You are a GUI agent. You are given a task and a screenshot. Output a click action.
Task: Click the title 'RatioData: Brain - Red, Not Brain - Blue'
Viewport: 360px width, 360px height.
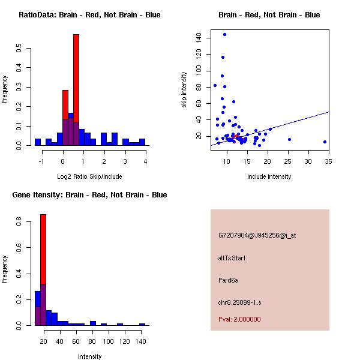[89, 14]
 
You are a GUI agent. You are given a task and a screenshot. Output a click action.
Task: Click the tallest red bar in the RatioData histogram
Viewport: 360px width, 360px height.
[76, 90]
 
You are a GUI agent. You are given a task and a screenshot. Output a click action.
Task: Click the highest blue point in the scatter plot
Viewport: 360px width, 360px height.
[224, 34]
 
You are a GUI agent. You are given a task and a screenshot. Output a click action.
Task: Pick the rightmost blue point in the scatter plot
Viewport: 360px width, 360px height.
[325, 142]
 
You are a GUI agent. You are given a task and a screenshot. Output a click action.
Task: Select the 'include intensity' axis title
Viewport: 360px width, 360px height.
[269, 176]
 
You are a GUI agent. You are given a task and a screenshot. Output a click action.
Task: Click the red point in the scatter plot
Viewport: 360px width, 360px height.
[236, 137]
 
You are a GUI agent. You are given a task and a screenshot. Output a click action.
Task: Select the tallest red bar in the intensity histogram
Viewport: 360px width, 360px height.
[43, 270]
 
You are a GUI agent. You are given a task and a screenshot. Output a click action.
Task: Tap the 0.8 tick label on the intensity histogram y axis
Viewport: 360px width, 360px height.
[19, 222]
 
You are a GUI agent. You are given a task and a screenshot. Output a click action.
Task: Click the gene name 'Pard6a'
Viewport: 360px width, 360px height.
[229, 280]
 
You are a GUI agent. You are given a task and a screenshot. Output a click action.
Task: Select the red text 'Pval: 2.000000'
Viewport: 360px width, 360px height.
[239, 319]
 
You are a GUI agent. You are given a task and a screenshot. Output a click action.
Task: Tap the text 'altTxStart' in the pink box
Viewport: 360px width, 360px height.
[232, 258]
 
